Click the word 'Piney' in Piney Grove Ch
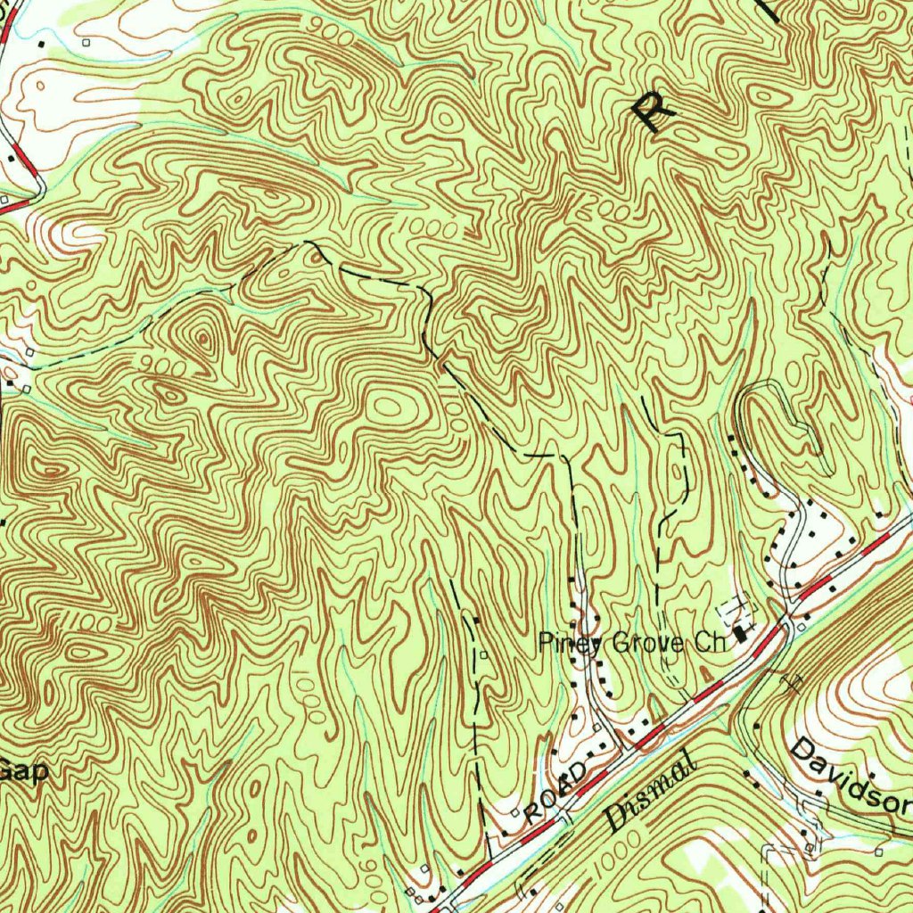(x=567, y=642)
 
